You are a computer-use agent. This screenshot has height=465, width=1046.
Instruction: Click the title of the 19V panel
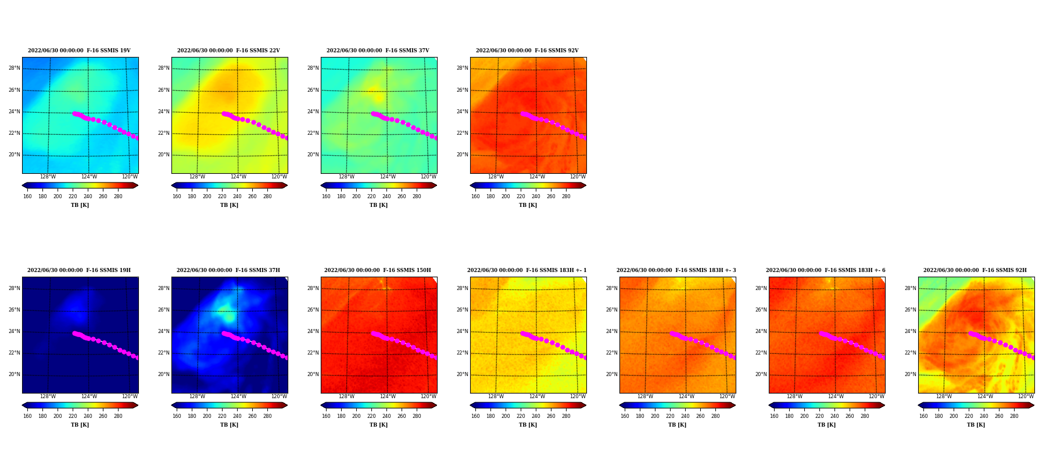tap(80, 51)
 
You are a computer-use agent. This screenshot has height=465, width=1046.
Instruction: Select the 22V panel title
tap(229, 51)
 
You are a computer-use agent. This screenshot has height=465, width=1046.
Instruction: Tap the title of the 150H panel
tap(378, 270)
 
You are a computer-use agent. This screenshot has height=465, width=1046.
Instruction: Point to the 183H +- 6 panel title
tap(826, 270)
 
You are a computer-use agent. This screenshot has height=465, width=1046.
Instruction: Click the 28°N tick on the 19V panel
tap(15, 68)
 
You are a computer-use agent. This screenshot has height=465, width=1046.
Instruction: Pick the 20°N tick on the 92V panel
tap(463, 155)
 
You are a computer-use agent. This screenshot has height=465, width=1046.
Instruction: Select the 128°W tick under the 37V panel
tap(346, 177)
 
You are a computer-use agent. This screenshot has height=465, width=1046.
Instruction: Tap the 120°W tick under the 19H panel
tap(130, 396)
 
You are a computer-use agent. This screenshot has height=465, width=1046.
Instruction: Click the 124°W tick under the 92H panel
tap(985, 396)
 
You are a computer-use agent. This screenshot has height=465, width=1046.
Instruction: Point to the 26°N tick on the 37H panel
tap(164, 310)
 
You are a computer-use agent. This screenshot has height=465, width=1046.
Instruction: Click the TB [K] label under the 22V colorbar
tap(229, 205)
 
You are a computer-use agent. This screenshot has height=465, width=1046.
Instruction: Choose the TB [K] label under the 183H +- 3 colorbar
tap(677, 425)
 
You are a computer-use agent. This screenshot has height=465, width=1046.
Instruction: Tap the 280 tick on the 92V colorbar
tap(566, 196)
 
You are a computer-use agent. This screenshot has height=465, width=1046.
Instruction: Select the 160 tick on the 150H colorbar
tap(326, 416)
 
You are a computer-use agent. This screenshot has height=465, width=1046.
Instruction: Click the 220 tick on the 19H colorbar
tap(73, 416)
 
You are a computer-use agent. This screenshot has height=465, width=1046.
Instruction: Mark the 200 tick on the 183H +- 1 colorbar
tap(506, 416)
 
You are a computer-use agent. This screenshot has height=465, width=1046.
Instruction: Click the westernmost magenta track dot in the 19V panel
tap(74, 113)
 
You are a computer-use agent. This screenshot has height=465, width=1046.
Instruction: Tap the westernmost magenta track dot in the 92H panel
tap(970, 333)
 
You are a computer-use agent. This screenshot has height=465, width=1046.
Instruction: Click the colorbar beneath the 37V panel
tap(378, 185)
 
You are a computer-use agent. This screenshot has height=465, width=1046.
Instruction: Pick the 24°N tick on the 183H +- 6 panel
tap(761, 331)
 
